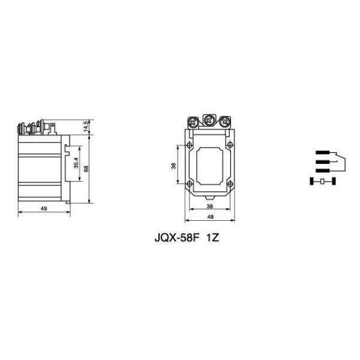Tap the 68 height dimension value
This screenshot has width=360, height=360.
(86, 169)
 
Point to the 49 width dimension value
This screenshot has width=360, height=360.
(44, 208)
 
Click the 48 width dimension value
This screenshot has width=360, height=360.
(210, 217)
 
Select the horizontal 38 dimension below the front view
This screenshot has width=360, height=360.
(210, 205)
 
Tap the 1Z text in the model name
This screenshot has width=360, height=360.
(214, 237)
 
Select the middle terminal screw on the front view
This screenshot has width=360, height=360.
(209, 121)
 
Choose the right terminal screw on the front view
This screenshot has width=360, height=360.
(225, 122)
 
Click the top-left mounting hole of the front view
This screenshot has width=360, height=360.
(190, 146)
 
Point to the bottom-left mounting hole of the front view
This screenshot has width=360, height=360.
(190, 183)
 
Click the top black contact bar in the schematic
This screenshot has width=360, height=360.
(324, 153)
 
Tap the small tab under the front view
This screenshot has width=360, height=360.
(209, 196)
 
